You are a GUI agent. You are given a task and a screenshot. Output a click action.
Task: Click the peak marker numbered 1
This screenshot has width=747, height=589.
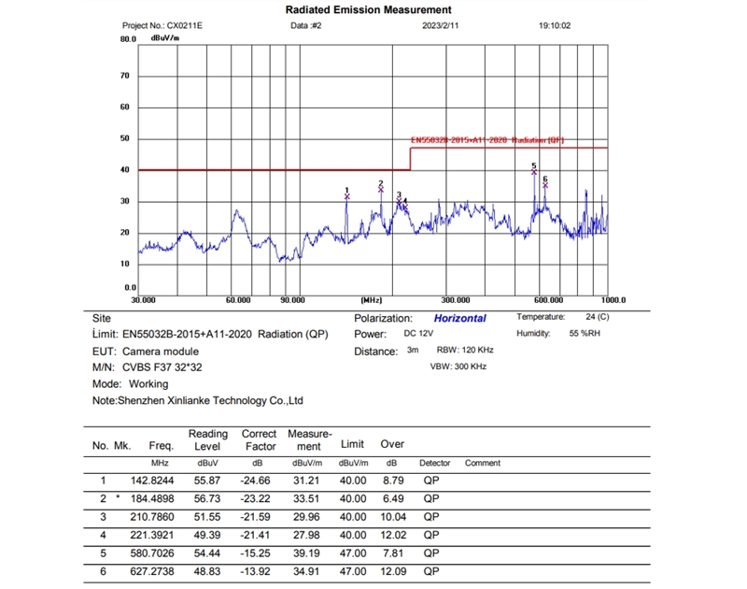346,196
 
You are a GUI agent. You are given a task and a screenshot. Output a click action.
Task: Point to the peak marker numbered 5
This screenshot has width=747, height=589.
534,172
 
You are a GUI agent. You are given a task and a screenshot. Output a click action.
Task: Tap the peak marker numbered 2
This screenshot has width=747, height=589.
381,190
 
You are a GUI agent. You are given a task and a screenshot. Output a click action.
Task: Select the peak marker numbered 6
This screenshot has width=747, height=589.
545,185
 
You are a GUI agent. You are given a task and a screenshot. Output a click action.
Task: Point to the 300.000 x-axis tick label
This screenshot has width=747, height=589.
455,300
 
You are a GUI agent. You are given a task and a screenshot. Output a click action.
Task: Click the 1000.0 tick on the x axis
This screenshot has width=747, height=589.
613,300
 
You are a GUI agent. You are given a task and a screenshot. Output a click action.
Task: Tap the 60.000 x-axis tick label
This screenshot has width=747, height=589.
239,300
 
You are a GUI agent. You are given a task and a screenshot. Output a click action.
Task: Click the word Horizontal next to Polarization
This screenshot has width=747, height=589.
459,318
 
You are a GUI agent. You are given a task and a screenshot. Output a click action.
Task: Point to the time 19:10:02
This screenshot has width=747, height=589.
555,26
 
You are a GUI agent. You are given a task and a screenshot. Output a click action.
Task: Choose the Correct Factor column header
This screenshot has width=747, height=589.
259,440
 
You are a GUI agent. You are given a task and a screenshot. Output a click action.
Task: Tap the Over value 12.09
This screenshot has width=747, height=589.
392,569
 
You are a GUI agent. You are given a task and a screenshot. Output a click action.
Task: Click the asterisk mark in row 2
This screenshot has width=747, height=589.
118,498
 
